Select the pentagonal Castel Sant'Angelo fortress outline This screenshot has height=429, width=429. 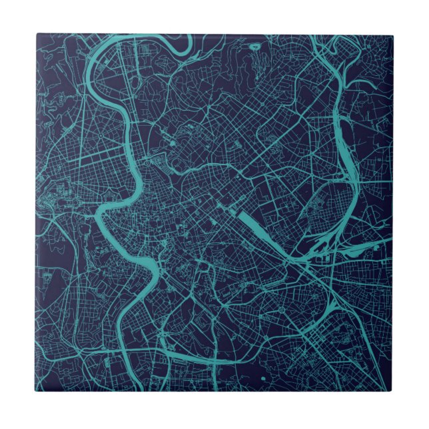click(158, 161)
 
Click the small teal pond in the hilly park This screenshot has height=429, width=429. click(172, 143)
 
